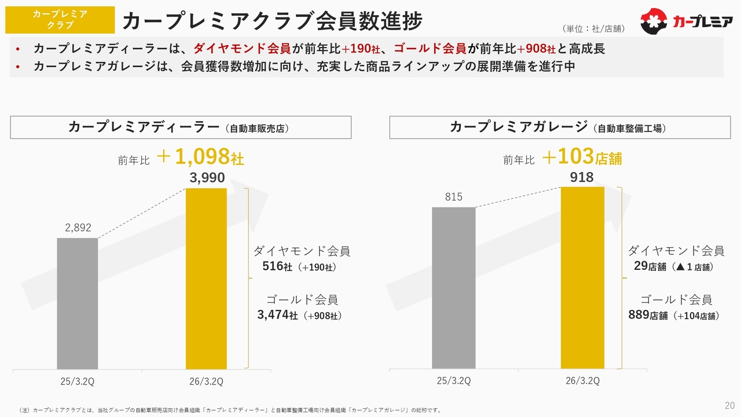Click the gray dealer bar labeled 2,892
77,303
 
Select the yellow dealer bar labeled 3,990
206,278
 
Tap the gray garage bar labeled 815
453,287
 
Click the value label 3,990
207,178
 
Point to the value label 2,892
78,228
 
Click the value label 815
453,197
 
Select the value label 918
582,177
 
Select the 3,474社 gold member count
277,315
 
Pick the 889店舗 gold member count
648,315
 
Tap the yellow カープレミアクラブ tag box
60,20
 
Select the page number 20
729,404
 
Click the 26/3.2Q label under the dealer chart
206,381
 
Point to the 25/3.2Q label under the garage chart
453,381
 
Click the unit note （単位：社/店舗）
593,28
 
